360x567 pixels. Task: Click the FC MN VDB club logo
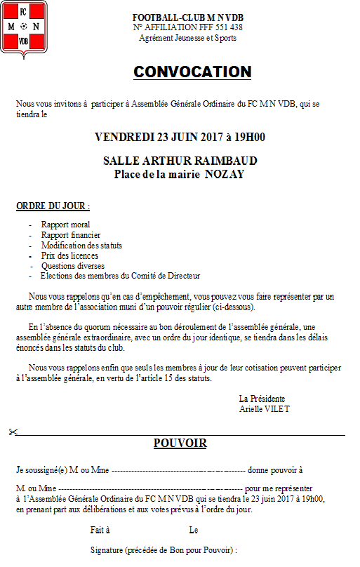(24, 27)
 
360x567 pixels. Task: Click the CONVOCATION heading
(192, 72)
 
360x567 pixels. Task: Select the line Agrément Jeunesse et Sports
(188, 38)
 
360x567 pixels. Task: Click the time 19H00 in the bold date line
(248, 137)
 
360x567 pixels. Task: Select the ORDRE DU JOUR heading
(53, 207)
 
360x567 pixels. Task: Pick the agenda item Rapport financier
(71, 235)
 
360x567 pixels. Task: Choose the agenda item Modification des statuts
(81, 246)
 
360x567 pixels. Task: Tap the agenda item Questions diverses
(73, 266)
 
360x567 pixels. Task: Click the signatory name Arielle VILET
(265, 408)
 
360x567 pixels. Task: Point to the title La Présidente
(262, 399)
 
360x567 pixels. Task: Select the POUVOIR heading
(180, 443)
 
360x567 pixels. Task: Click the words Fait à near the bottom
(99, 531)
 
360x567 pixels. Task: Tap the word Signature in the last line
(107, 549)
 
